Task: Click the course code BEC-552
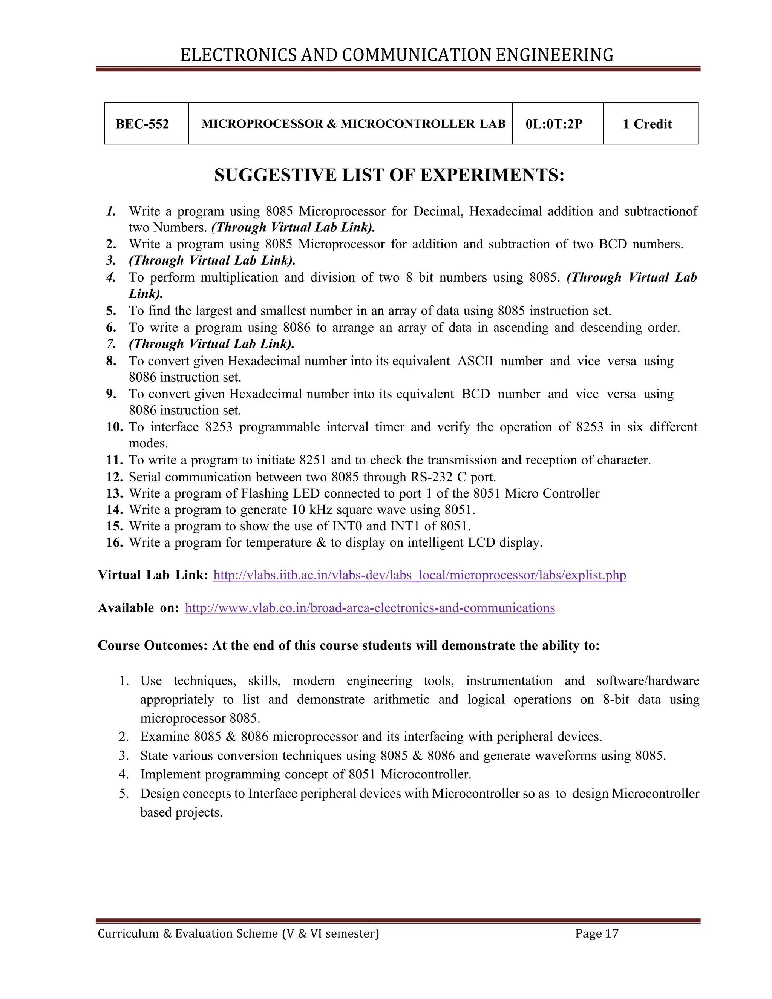click(x=142, y=124)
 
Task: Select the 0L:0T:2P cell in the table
click(x=554, y=124)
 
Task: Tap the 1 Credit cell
click(x=647, y=124)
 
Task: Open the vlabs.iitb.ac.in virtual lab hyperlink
click(x=420, y=575)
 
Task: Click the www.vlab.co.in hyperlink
click(x=369, y=608)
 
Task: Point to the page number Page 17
click(x=596, y=933)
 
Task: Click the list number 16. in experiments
click(x=114, y=542)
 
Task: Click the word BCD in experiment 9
click(x=476, y=394)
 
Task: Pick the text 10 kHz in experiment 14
click(x=311, y=510)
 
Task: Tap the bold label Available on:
click(x=138, y=608)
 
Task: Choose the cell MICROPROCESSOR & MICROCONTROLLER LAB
click(x=353, y=124)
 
